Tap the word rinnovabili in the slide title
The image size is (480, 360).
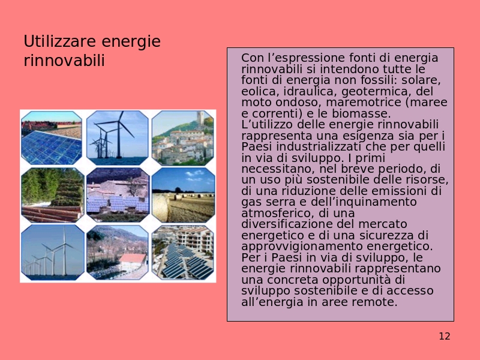click(x=64, y=61)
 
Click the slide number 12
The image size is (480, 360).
click(x=445, y=337)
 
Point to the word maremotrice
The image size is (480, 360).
click(x=364, y=102)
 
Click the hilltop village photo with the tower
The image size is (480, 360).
click(x=183, y=138)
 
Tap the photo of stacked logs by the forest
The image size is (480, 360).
click(x=52, y=195)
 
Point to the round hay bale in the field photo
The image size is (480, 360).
click(x=160, y=208)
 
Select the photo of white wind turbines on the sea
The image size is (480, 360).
click(x=52, y=252)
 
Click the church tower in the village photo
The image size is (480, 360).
click(x=200, y=118)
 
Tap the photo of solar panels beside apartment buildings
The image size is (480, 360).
click(x=183, y=252)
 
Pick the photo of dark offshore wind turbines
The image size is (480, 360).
click(x=117, y=138)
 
